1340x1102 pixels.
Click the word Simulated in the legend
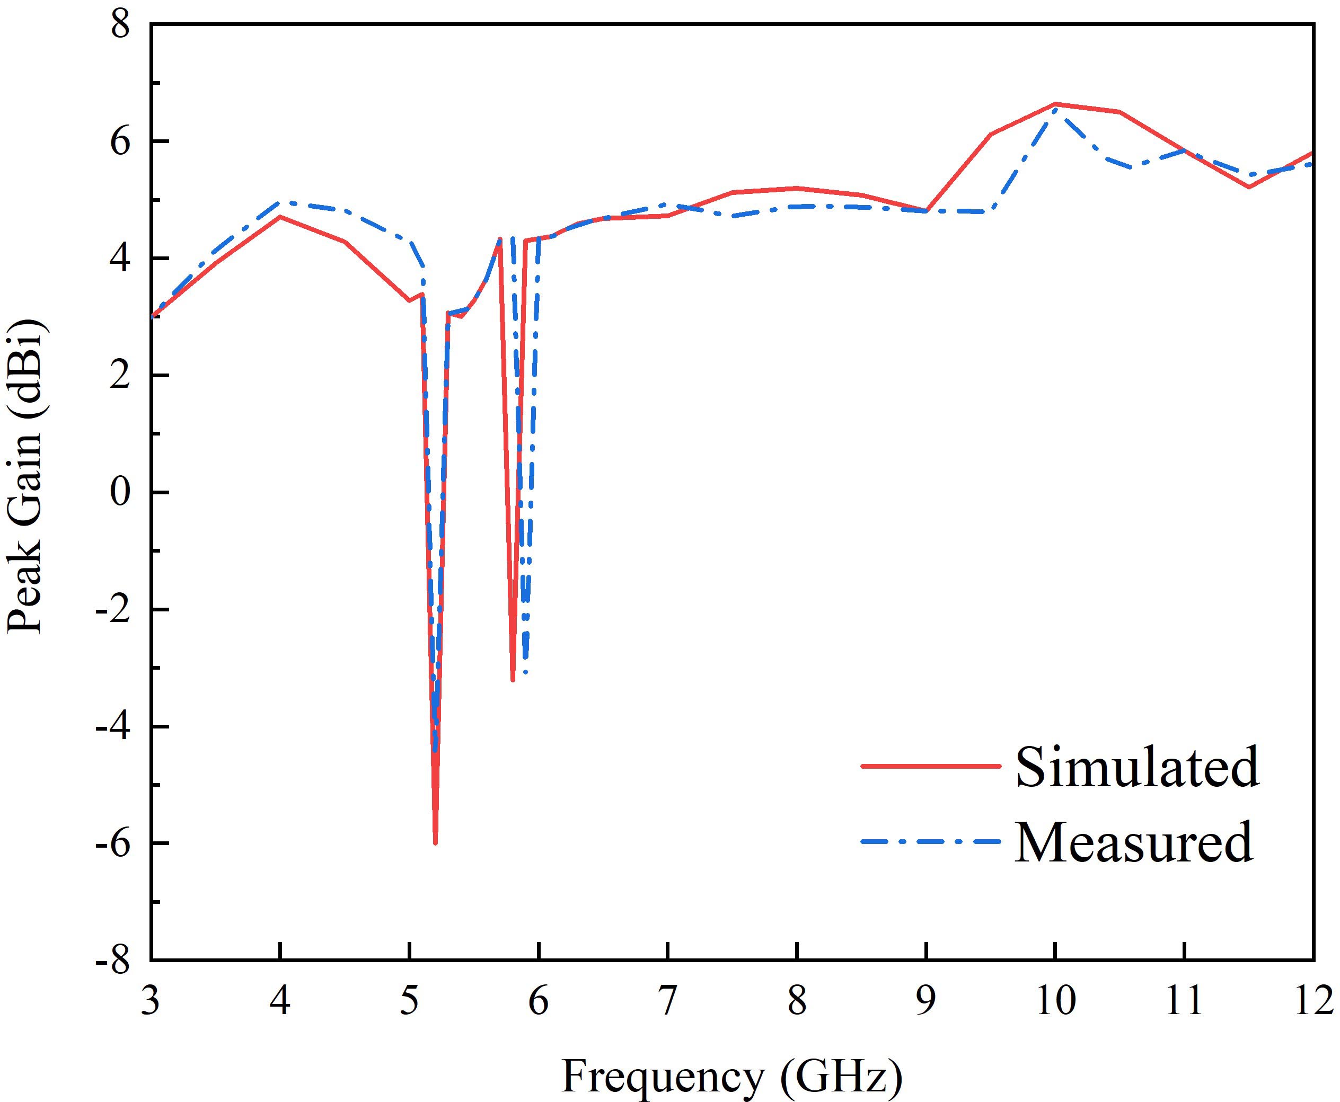1137,767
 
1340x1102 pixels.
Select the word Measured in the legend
1134,842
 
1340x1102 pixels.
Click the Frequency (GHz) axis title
731,1076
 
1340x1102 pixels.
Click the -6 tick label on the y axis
113,843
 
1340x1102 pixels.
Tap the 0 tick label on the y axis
121,493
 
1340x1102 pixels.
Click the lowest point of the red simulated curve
435,842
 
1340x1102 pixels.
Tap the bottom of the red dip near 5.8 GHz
513,680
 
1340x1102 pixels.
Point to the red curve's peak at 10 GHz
1055,103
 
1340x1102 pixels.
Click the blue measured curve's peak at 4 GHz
280,202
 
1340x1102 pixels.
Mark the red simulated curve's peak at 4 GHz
280,217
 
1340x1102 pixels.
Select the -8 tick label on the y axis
113,961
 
